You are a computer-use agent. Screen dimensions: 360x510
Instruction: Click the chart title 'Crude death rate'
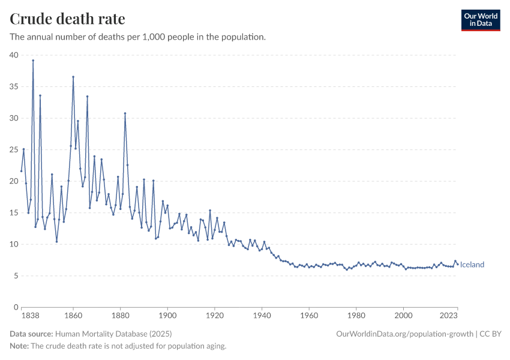[x=67, y=19]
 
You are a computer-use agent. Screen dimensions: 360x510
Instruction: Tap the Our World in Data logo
[x=480, y=20]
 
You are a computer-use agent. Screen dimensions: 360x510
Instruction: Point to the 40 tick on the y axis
[x=14, y=55]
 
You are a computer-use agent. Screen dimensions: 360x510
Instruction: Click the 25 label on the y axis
[x=14, y=149]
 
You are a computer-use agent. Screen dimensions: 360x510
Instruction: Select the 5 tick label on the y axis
[x=16, y=275]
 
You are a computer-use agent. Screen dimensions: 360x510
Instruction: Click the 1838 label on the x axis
[x=30, y=315]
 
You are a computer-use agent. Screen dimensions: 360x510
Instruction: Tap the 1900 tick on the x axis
[x=167, y=315]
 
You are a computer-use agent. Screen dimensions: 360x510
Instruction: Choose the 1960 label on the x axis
[x=309, y=315]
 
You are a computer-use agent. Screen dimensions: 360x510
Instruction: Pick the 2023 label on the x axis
[x=449, y=315]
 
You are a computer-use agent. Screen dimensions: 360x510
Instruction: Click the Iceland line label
[x=472, y=265]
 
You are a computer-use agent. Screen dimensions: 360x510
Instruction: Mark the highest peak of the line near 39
[x=33, y=60]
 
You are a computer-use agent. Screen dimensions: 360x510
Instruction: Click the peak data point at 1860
[x=73, y=77]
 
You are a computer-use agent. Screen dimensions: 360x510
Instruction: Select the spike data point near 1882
[x=125, y=113]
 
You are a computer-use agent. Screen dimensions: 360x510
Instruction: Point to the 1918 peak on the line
[x=210, y=211]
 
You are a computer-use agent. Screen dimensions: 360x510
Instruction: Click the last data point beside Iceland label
[x=457, y=264]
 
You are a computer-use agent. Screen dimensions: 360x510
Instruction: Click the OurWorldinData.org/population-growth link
[x=405, y=334]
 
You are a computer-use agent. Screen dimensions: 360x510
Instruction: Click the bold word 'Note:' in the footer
[x=20, y=346]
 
